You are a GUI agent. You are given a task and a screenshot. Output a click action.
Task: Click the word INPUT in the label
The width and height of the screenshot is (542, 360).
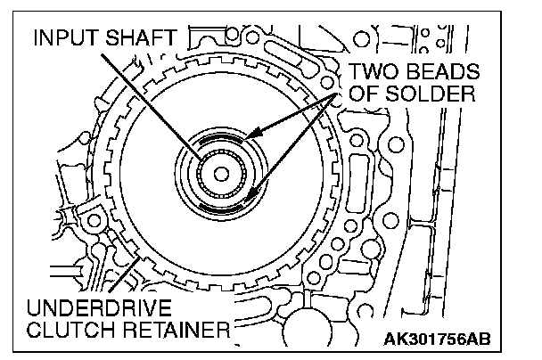tap(67, 37)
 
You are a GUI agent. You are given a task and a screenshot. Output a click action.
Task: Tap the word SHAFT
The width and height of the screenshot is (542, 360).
tap(141, 37)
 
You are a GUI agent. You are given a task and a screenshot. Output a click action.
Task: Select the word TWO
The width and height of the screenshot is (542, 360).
tap(374, 71)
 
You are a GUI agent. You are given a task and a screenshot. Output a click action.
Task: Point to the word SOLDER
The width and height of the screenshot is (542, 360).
tap(430, 93)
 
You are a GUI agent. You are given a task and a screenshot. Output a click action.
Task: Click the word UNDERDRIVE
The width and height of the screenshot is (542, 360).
tap(99, 307)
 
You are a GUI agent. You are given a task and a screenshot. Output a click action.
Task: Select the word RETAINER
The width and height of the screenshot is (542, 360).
tap(176, 329)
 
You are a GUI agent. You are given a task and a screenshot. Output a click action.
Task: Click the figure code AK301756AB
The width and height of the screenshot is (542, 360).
tap(437, 339)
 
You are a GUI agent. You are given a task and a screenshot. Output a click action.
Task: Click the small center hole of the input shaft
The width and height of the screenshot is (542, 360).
tap(221, 174)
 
